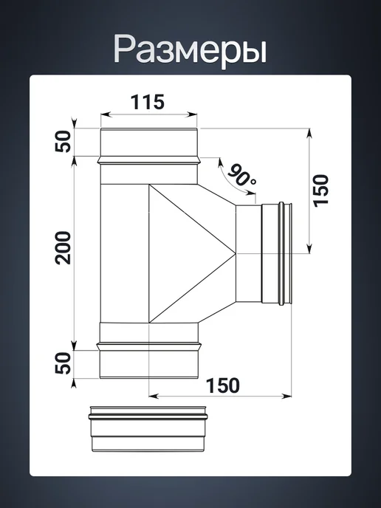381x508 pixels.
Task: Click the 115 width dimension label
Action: (148, 102)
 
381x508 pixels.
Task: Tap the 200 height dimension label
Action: (63, 248)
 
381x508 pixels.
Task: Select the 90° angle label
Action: (242, 176)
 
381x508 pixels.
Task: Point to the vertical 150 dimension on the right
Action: (321, 190)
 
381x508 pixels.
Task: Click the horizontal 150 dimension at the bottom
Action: (223, 385)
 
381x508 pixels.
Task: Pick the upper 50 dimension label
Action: (63, 141)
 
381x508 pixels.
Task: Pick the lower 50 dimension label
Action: (63, 363)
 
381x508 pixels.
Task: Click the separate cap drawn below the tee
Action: (148, 428)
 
